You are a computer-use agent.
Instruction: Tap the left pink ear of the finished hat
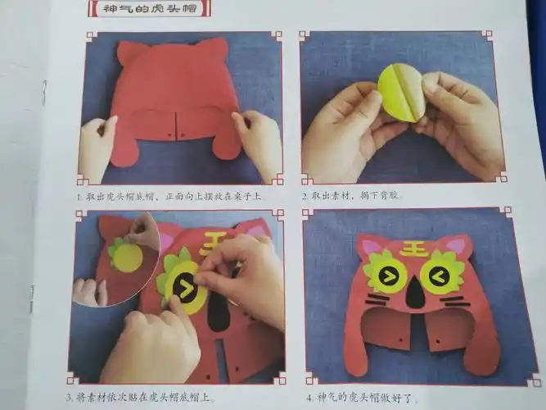[371, 246]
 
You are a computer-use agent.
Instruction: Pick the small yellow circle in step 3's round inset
[127, 257]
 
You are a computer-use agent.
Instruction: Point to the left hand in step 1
[97, 148]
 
